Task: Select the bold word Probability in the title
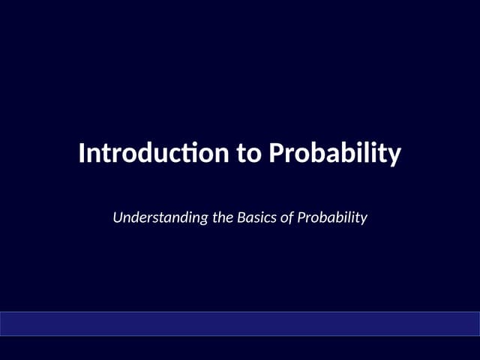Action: pos(335,154)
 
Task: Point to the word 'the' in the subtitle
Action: pos(223,218)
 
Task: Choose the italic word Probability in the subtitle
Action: pos(332,218)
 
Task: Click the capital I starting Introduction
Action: pos(82,154)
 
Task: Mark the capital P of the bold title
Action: pos(277,154)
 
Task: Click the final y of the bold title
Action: pos(395,155)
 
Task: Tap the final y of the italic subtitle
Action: pos(363,220)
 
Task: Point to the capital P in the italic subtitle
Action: pos(301,218)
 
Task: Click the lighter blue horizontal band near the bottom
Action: pos(240,323)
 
